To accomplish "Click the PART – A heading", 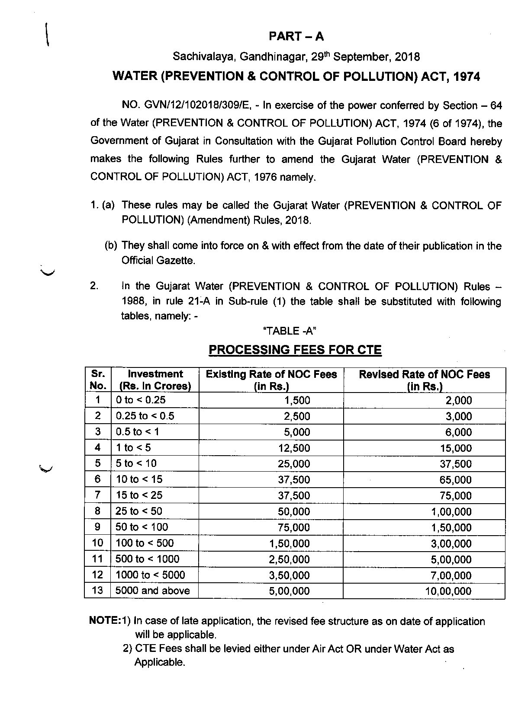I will click(296, 36).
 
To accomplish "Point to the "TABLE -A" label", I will click(290, 331).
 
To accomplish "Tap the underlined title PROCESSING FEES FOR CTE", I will click(295, 350).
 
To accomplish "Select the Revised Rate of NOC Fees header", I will click(424, 380).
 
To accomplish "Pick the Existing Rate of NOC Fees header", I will click(271, 380).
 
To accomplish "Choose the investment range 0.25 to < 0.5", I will click(145, 416).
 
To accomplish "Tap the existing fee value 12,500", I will click(294, 448).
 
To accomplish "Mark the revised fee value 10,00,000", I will click(448, 591).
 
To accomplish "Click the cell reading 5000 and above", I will click(152, 591).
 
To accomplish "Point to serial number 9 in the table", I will click(98, 527).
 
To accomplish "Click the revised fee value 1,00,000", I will click(451, 512).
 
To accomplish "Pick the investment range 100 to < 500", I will click(145, 543).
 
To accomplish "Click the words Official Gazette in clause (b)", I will click(158, 261).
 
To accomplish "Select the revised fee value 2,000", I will click(459, 400).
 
